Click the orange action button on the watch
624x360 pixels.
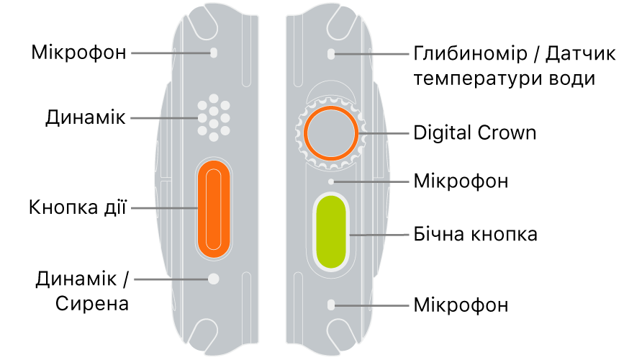[x=213, y=209]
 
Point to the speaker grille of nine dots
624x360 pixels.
[x=213, y=115]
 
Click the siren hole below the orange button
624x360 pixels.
[x=213, y=278]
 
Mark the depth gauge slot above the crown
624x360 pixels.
[x=330, y=53]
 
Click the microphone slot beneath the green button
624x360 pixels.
[x=330, y=305]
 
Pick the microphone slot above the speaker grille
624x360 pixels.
[x=213, y=53]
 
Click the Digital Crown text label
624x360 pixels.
[x=475, y=133]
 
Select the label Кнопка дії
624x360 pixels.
[x=78, y=209]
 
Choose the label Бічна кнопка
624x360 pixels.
[x=476, y=235]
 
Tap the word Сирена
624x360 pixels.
[x=92, y=303]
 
